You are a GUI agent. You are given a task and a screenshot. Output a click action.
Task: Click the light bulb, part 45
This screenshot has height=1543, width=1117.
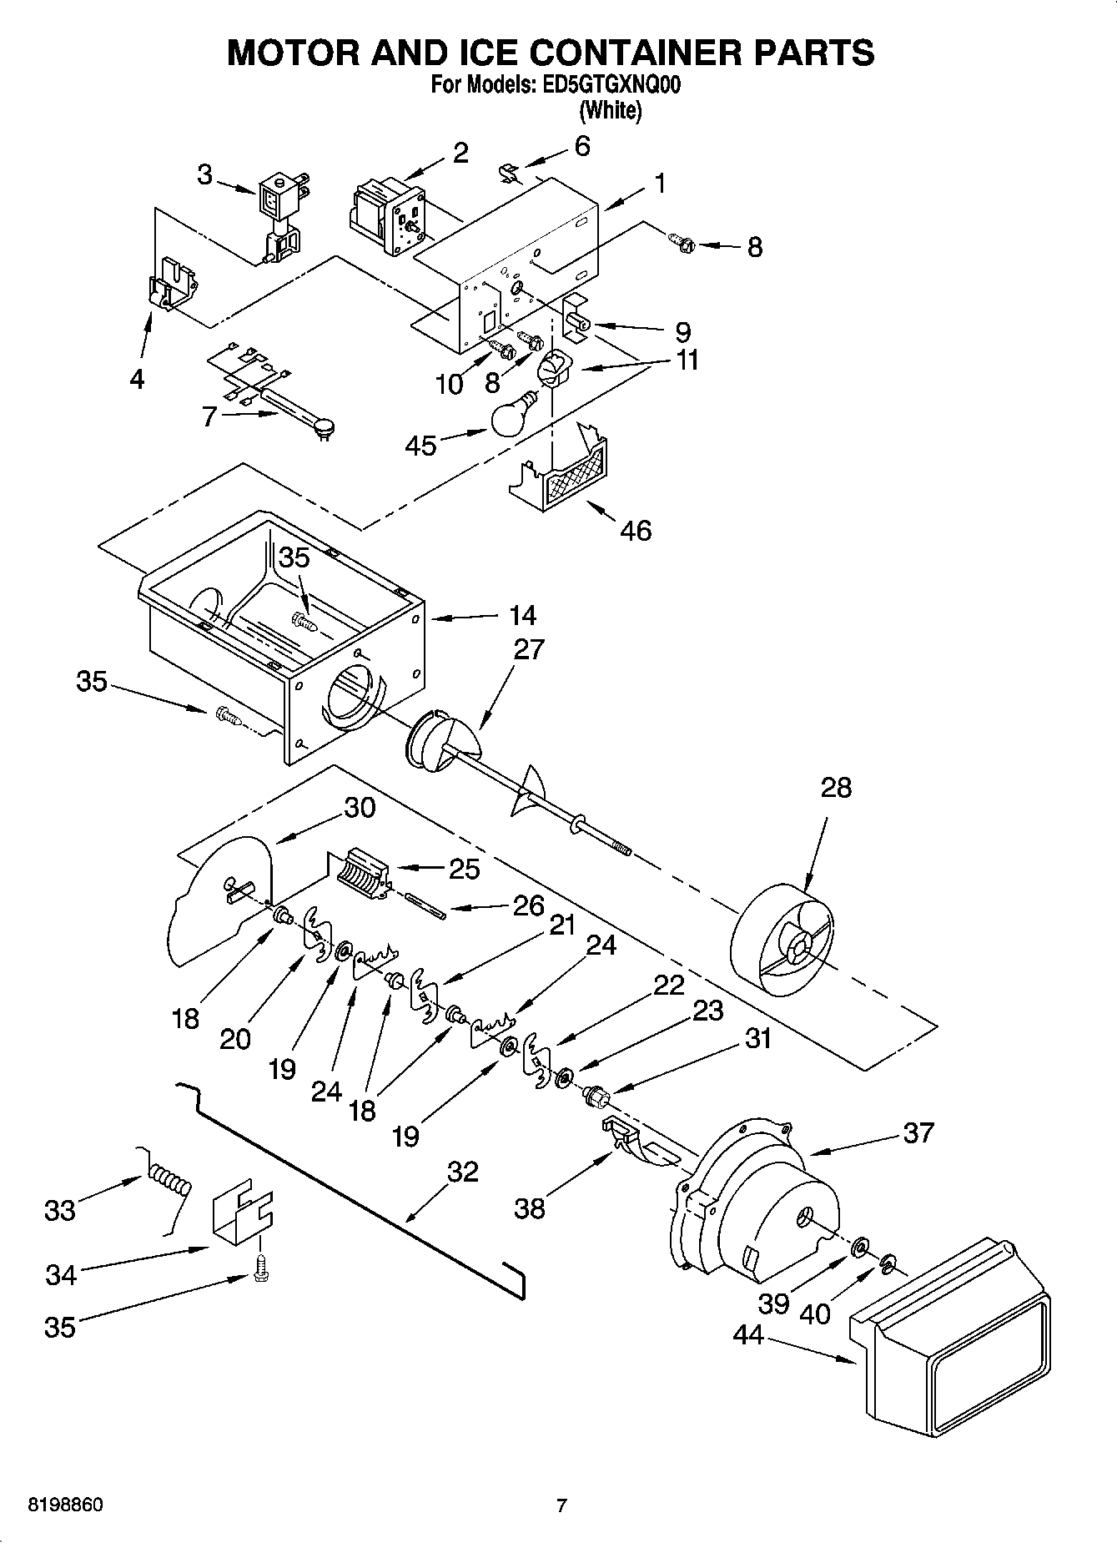tap(511, 416)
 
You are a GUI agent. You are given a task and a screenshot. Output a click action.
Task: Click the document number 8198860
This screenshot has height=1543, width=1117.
tap(66, 1505)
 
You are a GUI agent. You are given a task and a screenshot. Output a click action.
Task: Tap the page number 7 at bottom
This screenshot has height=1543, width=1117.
tap(561, 1505)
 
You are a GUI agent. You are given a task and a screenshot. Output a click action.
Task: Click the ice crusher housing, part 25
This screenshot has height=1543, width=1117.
tap(365, 873)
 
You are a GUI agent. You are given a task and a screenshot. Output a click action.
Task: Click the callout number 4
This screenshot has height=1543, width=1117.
tap(137, 379)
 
